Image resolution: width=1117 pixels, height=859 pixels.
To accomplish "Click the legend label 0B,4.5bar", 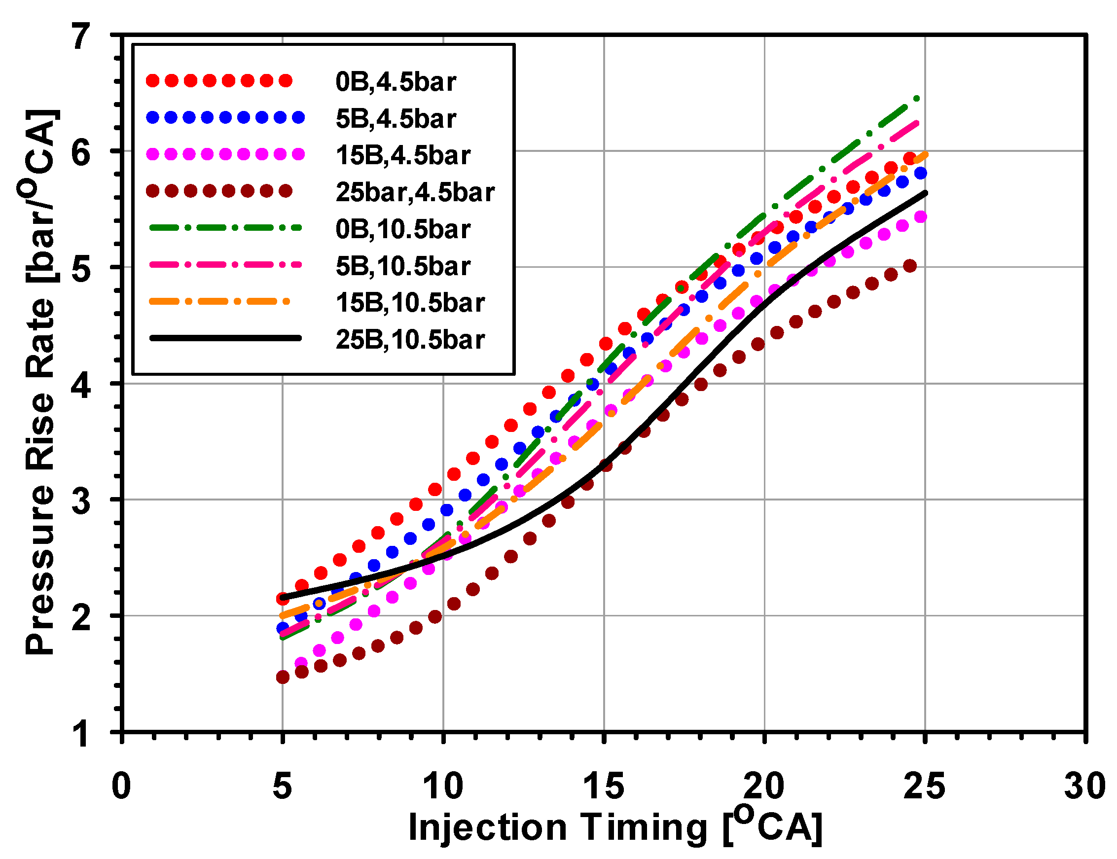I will (395, 82).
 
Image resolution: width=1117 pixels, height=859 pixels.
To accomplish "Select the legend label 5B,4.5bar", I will (395, 119).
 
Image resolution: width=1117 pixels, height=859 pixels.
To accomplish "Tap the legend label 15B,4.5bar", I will (402, 155).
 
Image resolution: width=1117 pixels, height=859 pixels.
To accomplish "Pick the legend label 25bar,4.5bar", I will (415, 192).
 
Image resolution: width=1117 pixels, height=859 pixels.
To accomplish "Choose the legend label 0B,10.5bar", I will (402, 229).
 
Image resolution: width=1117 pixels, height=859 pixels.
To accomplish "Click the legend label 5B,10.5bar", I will (402, 266).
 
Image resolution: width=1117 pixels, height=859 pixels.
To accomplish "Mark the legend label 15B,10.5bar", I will (409, 303).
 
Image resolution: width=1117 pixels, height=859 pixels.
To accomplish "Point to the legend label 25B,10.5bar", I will (409, 340).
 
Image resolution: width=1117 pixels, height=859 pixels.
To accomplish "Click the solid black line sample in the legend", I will (225, 337).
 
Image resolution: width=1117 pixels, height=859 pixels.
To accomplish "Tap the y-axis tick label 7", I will (81, 37).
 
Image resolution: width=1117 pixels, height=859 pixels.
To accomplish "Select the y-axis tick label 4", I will (81, 385).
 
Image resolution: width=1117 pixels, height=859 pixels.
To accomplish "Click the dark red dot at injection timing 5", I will (282, 677).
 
